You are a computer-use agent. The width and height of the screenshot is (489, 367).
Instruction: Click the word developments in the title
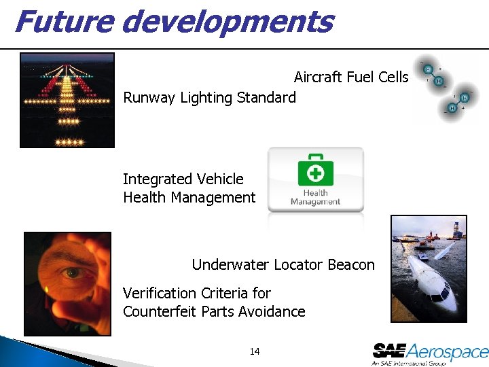pyautogui.click(x=228, y=22)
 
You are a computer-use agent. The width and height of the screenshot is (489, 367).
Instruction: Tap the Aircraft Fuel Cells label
pyautogui.click(x=350, y=77)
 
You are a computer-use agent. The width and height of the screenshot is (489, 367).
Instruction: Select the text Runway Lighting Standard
pyautogui.click(x=209, y=98)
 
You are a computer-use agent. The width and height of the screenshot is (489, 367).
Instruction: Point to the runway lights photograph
pyautogui.click(x=67, y=100)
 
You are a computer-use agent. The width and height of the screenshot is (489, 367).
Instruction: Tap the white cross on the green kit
pyautogui.click(x=316, y=174)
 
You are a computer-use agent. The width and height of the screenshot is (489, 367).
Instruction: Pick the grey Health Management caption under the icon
pyautogui.click(x=315, y=197)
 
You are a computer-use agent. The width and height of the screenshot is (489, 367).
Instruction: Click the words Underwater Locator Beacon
pyautogui.click(x=283, y=264)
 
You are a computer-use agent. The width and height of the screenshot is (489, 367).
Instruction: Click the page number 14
pyautogui.click(x=255, y=351)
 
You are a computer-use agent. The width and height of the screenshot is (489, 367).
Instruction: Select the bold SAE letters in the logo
pyautogui.click(x=389, y=351)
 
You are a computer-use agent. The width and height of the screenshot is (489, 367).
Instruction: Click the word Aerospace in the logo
pyautogui.click(x=448, y=351)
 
